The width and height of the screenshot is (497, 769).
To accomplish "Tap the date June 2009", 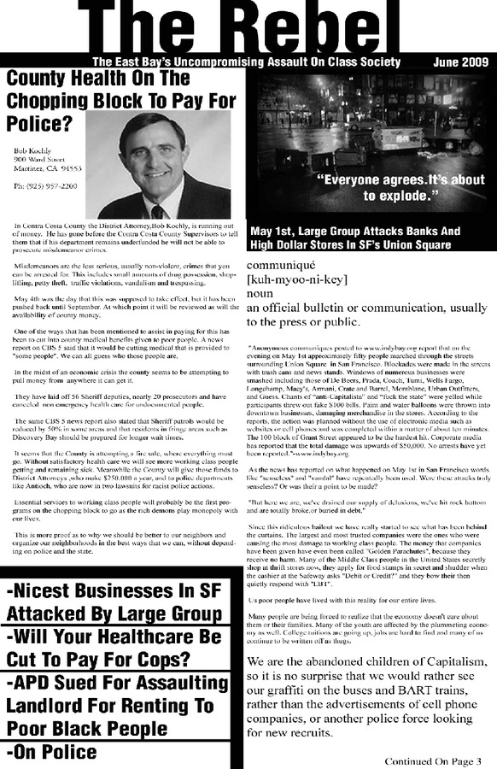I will [x=460, y=62].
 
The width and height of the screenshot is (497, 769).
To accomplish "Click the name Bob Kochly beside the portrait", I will [x=33, y=150].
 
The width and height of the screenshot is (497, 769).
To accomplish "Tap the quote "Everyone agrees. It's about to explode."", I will [x=400, y=188].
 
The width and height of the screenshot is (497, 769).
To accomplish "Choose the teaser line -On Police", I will [x=51, y=752].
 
